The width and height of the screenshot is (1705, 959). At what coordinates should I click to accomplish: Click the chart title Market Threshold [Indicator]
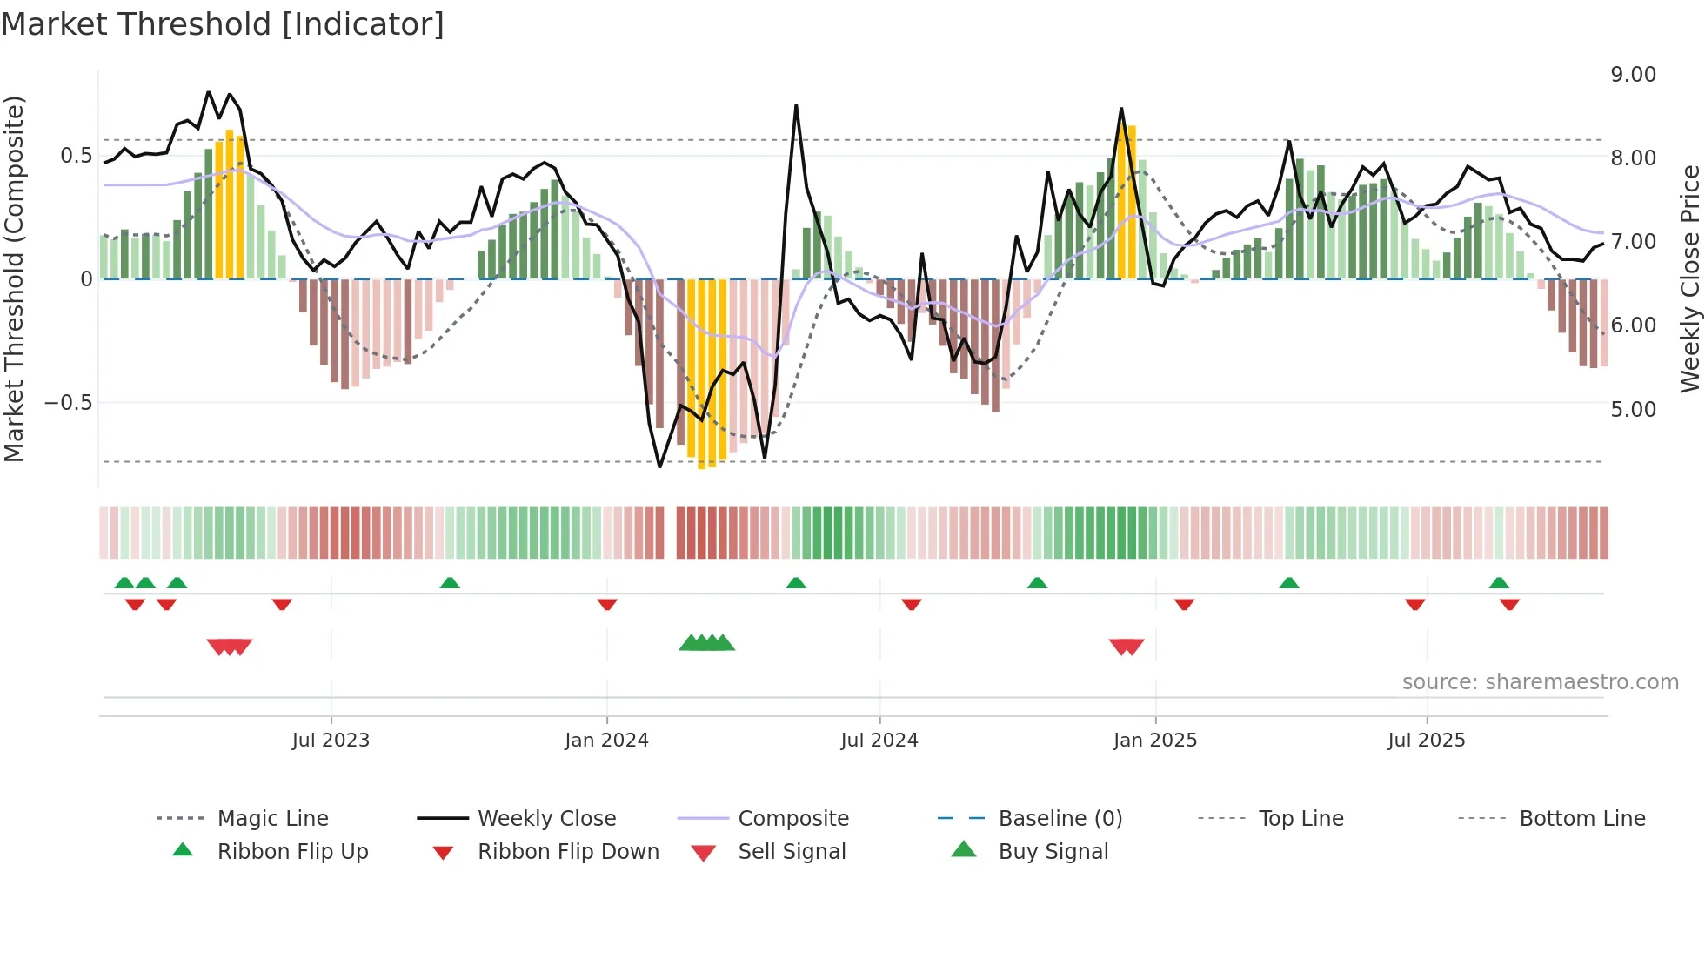tap(223, 24)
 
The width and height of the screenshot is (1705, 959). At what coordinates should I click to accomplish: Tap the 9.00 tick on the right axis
tap(1633, 75)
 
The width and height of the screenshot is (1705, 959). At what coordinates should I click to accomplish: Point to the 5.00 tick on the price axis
tap(1633, 410)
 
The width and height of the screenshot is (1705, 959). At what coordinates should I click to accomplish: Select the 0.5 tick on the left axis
tap(76, 156)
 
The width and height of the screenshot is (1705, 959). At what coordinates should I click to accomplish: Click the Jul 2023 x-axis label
tap(331, 741)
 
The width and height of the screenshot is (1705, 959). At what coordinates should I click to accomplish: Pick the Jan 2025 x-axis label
tap(1154, 741)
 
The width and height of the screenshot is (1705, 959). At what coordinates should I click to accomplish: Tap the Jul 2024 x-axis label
tap(879, 741)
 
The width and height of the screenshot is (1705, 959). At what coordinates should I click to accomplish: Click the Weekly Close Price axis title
tap(1689, 278)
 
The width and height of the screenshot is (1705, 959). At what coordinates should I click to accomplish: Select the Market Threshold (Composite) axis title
tap(14, 278)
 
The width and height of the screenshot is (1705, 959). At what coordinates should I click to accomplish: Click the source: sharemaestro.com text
tap(1540, 682)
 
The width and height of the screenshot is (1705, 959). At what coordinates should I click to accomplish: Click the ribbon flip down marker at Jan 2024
tap(607, 604)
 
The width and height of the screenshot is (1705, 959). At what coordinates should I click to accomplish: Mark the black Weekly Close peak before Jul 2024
tap(796, 106)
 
